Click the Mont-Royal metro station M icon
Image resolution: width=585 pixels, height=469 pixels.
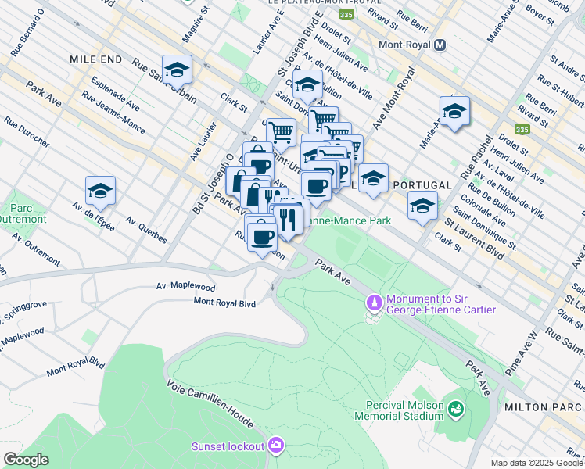point(440,45)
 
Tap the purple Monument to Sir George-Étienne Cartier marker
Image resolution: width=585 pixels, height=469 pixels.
point(375,302)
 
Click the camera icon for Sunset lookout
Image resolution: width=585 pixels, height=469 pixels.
point(275,446)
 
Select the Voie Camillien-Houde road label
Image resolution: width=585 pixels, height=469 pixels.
point(209,403)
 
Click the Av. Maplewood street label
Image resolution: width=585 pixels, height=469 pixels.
point(185,287)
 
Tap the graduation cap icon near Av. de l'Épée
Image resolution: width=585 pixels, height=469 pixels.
point(100,191)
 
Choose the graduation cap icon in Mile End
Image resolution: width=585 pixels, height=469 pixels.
point(177,70)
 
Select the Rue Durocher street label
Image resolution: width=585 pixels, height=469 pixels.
point(26,133)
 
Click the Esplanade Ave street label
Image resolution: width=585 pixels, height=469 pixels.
point(114,93)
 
